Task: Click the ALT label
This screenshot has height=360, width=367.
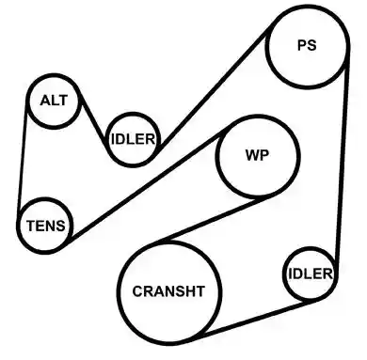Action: click(x=54, y=101)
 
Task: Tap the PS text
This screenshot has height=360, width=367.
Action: click(x=307, y=45)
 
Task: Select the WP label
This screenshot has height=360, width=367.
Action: click(x=257, y=155)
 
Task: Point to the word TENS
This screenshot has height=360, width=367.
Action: click(x=46, y=226)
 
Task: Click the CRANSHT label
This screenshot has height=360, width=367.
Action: click(x=168, y=291)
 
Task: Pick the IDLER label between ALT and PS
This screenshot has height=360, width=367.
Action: click(x=133, y=139)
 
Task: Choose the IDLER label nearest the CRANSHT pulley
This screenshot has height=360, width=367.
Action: click(x=311, y=274)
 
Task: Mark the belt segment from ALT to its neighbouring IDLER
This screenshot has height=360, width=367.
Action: click(x=94, y=119)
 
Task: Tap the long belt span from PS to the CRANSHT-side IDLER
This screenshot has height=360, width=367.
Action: click(x=342, y=166)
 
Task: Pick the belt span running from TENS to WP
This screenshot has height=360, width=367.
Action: click(x=148, y=185)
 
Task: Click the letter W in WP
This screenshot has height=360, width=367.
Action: click(x=252, y=155)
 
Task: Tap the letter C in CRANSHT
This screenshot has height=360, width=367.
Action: click(x=137, y=291)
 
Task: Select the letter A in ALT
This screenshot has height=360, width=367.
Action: click(x=45, y=101)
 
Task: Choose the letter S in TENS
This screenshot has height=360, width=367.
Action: click(x=60, y=226)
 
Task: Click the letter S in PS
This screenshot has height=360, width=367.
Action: click(x=311, y=45)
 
